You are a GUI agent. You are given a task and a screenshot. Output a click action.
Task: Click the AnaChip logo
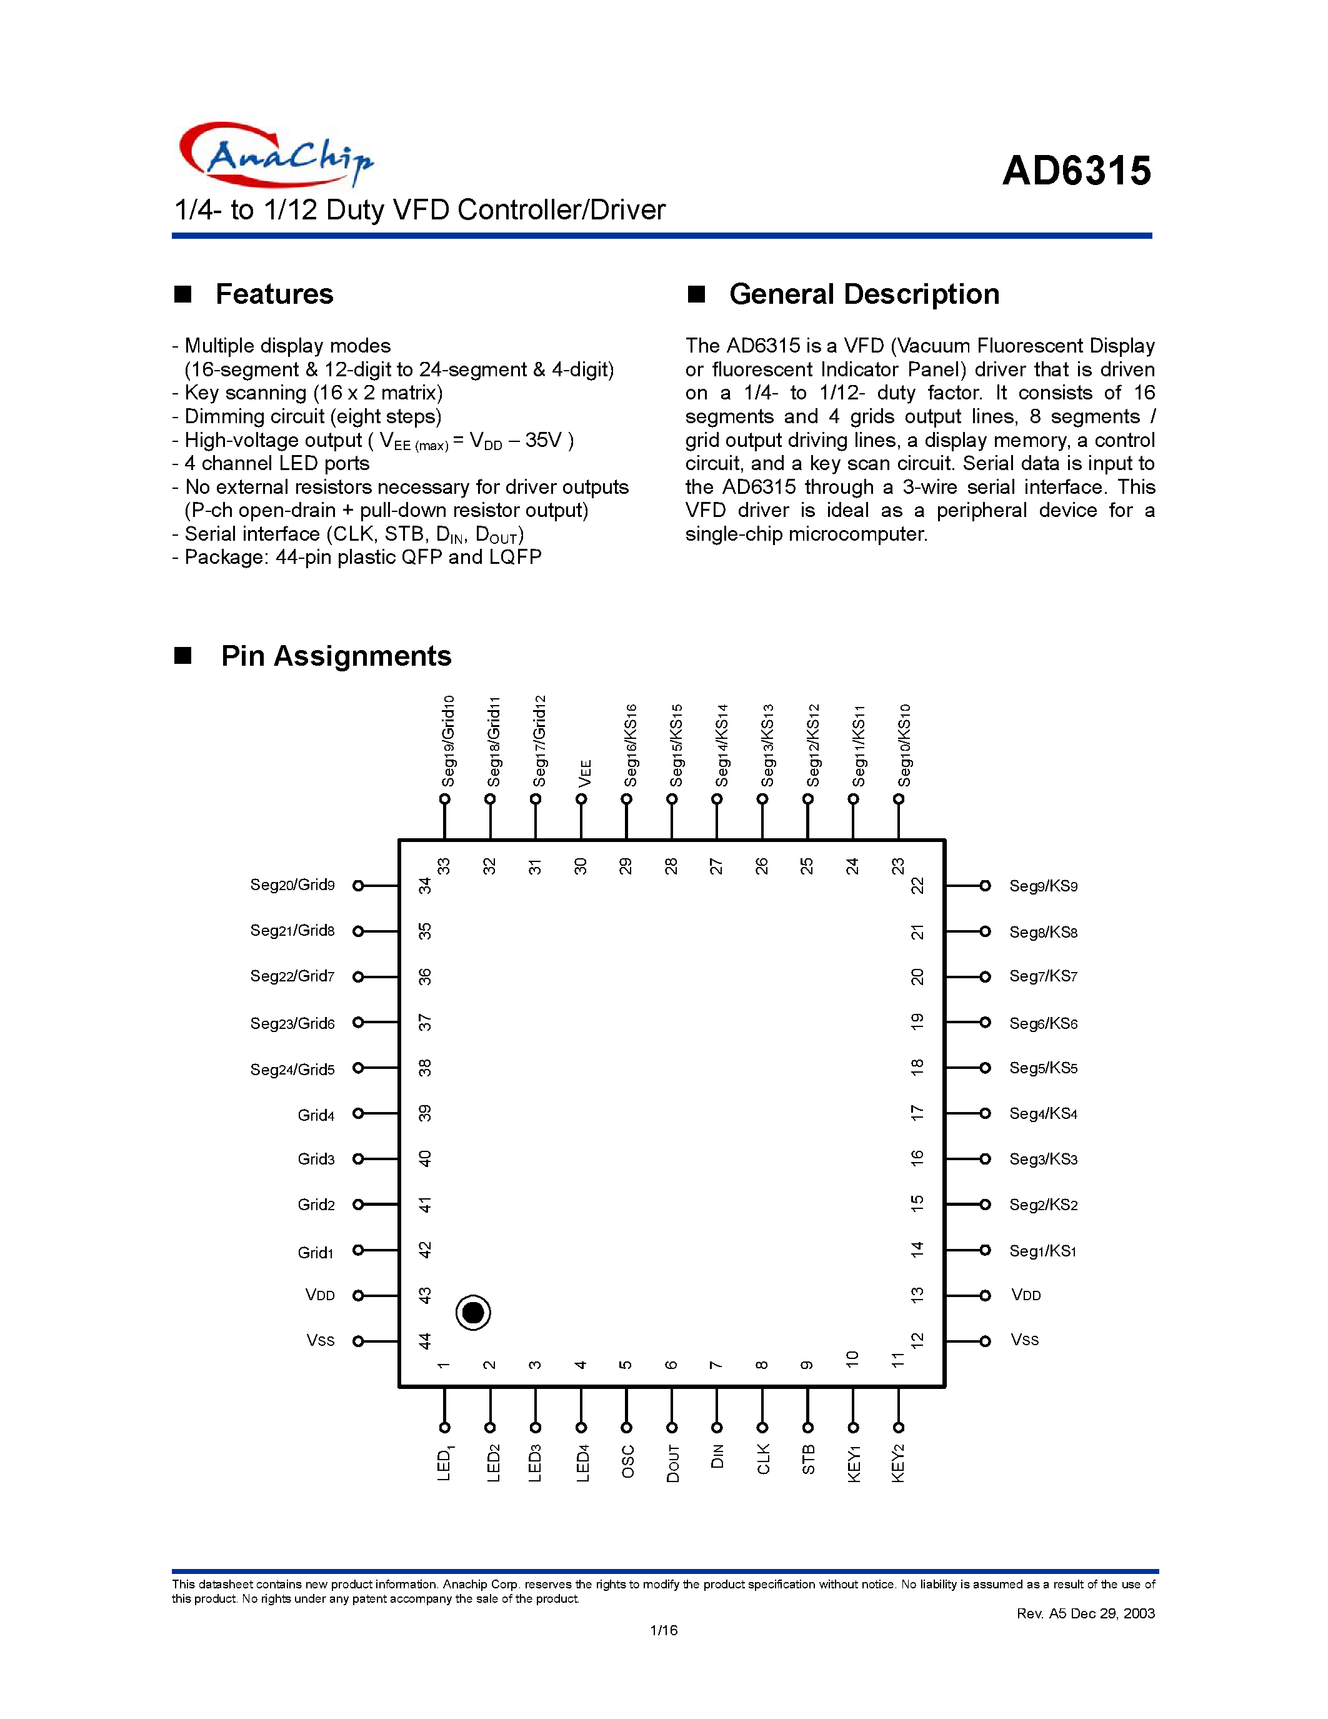[276, 155]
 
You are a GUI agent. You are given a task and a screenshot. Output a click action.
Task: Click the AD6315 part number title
[1076, 171]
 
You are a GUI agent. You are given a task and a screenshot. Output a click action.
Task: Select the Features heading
[274, 294]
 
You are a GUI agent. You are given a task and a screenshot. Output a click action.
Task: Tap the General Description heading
[863, 294]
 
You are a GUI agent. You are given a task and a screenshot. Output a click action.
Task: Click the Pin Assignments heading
[336, 656]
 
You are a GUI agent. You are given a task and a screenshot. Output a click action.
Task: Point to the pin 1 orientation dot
[473, 1312]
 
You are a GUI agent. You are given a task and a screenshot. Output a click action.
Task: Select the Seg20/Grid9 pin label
[292, 885]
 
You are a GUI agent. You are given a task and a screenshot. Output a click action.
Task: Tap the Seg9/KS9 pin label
[1043, 886]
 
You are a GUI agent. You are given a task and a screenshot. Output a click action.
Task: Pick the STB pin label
[809, 1460]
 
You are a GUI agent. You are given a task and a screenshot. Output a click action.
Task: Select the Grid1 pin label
[316, 1252]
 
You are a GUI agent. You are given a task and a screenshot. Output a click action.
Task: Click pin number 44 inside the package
[425, 1340]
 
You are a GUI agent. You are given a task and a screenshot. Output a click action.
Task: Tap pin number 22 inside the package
[917, 886]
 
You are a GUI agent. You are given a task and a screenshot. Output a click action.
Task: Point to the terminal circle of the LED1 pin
[444, 1427]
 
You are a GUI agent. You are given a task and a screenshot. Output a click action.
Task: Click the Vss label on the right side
[1024, 1340]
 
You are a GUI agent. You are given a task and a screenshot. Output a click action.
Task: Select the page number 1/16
[663, 1630]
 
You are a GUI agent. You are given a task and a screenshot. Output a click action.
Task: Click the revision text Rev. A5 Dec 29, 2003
[1085, 1613]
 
